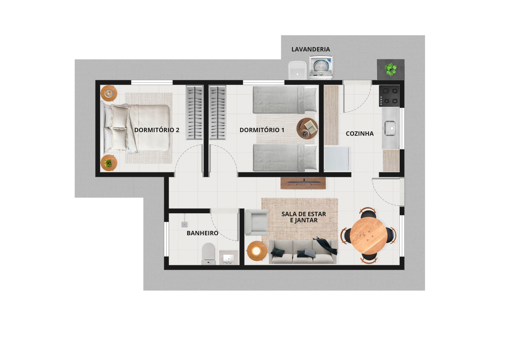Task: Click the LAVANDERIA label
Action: point(311,49)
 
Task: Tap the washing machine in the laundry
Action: point(321,67)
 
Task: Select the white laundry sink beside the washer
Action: point(298,70)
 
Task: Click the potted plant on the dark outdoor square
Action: point(390,69)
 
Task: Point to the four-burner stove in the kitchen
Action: point(389,96)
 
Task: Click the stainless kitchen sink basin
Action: point(390,128)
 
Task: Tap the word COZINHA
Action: point(360,134)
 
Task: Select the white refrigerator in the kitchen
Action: point(336,159)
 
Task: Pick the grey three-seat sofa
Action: point(303,252)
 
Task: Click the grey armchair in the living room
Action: point(257,222)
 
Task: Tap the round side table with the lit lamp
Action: point(257,251)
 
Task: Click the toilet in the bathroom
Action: point(208,254)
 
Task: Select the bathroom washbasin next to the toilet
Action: point(229,258)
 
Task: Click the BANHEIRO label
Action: point(203,233)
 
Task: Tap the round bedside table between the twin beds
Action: point(307,128)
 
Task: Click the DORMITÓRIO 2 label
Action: point(157,130)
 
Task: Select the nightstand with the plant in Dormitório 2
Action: point(109,163)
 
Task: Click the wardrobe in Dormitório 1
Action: point(217,113)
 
